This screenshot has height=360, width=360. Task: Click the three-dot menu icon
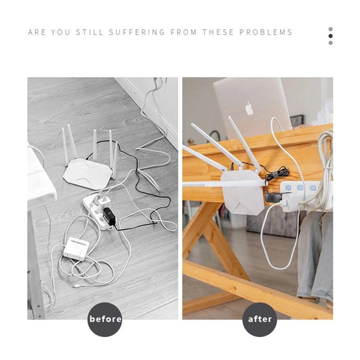tap(330, 36)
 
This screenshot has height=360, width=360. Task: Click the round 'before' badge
tap(105, 319)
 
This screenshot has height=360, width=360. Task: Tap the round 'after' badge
tap(260, 319)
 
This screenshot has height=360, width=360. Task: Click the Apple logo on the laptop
tap(249, 108)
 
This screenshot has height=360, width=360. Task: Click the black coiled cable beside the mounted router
tap(269, 175)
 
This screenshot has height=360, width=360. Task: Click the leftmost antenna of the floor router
tap(66, 145)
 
